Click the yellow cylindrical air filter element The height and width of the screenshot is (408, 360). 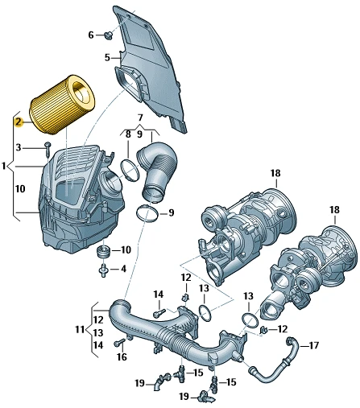coord(62,105)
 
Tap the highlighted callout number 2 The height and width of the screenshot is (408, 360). coord(19,122)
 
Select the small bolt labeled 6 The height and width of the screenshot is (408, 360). coord(109,35)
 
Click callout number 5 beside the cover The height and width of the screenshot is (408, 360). coord(107,57)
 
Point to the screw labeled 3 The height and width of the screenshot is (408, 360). coord(48,149)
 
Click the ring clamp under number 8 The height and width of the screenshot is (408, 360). coord(130,171)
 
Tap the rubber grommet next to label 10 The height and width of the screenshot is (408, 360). coord(103,252)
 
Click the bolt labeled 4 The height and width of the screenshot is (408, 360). coord(104,270)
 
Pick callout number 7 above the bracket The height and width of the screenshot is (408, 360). coord(140,117)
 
